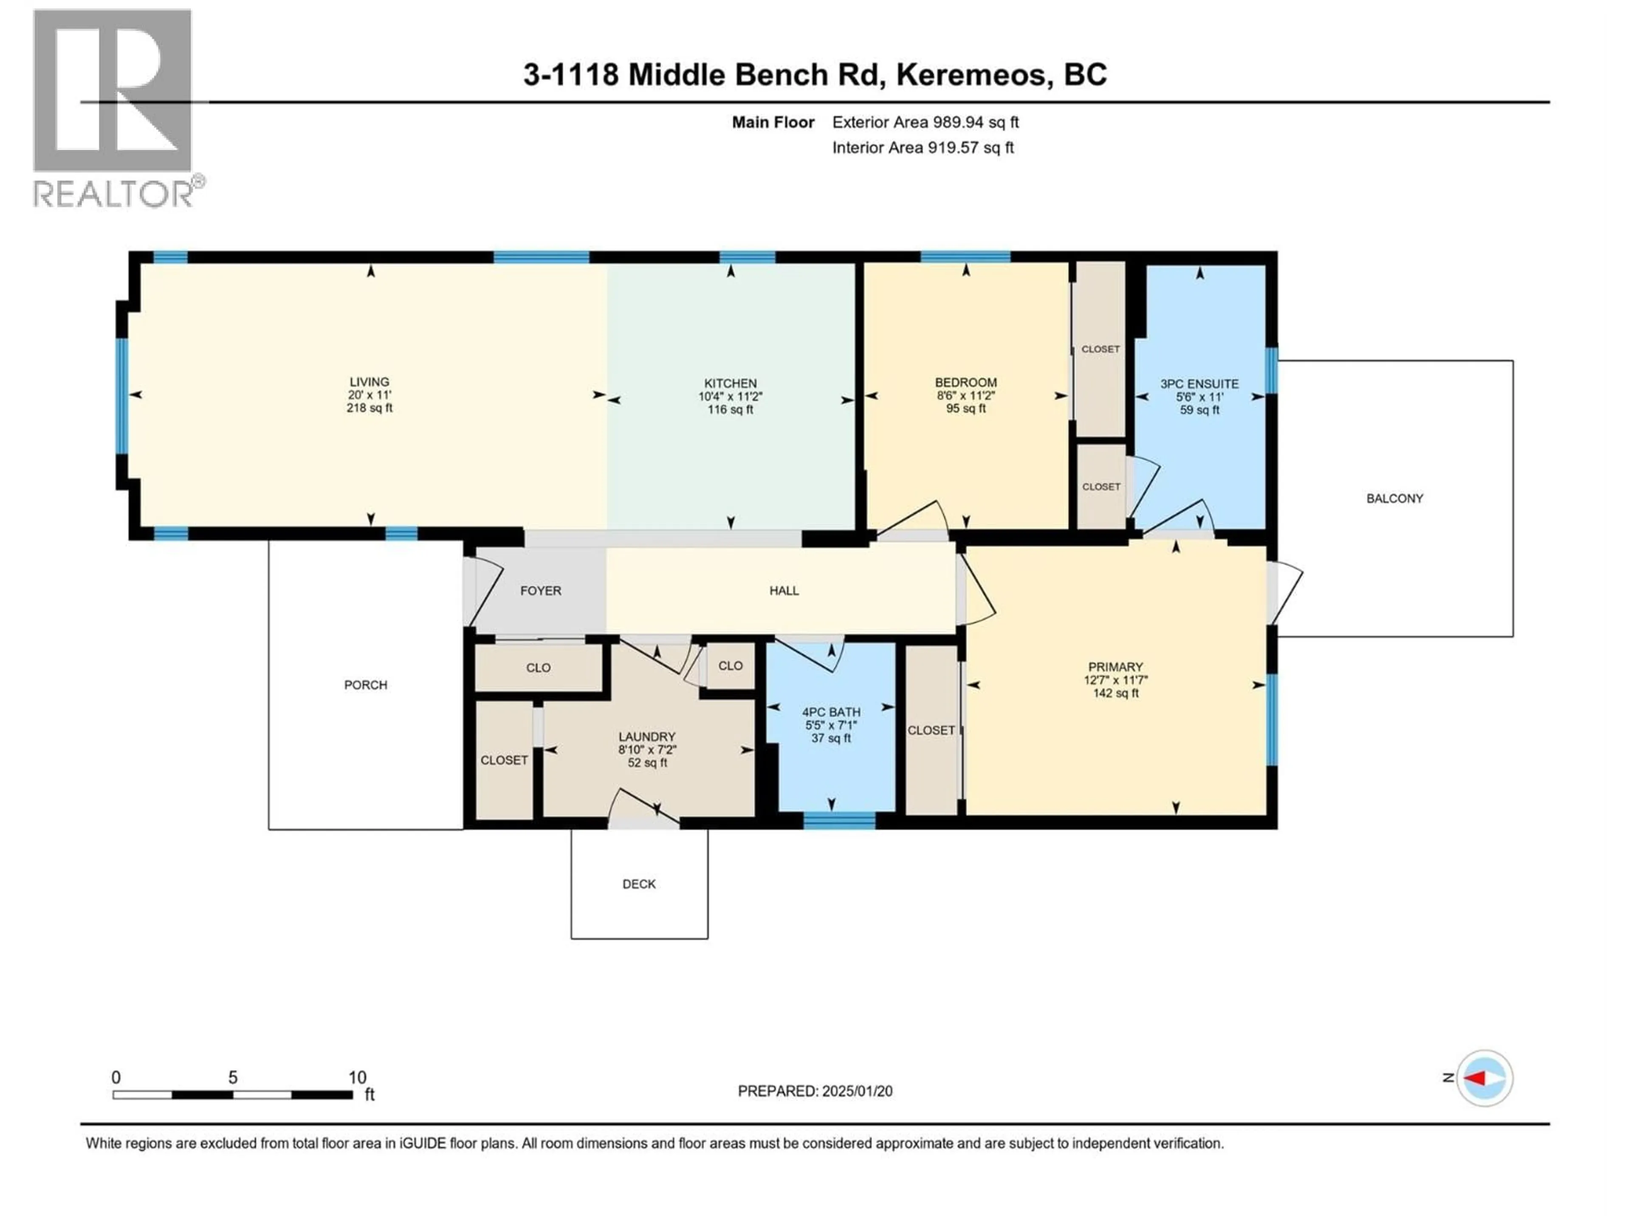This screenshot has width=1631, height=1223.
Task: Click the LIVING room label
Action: tap(370, 382)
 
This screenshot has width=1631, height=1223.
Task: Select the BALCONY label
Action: tap(1394, 499)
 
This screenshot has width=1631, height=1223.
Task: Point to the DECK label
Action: tap(638, 884)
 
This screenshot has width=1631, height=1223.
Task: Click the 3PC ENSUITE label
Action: tap(1199, 383)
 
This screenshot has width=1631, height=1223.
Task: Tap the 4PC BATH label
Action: tap(831, 712)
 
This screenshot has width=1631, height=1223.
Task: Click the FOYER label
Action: tap(540, 591)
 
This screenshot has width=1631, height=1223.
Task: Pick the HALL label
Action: tap(784, 591)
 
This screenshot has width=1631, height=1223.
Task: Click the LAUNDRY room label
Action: tap(646, 736)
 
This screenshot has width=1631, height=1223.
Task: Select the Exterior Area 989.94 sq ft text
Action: tap(926, 122)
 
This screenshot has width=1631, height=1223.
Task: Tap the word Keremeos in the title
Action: tap(974, 74)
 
